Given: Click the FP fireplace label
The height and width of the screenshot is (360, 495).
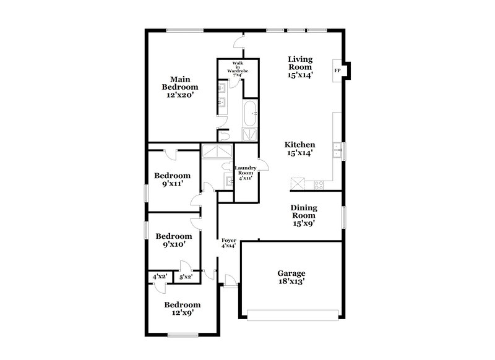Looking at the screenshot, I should (x=337, y=71).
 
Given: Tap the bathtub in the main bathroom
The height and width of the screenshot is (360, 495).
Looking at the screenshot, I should (x=249, y=115).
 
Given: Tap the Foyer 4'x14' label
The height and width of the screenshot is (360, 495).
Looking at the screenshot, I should (x=229, y=242).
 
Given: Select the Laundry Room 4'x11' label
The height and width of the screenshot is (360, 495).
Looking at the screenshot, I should (x=247, y=173).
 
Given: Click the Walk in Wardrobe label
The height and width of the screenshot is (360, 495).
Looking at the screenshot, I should (x=238, y=70).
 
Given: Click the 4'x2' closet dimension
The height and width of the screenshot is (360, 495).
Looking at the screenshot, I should (x=160, y=276).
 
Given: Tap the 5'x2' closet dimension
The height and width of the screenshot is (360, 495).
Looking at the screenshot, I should (x=185, y=276).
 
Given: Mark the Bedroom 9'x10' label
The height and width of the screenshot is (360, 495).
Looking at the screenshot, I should (x=173, y=240).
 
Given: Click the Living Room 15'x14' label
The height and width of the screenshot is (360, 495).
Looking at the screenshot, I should (x=300, y=67).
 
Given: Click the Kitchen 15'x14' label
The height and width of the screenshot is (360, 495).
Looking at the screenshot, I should (x=300, y=149).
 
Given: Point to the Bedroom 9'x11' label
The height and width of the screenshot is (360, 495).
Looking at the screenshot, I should (x=172, y=179).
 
